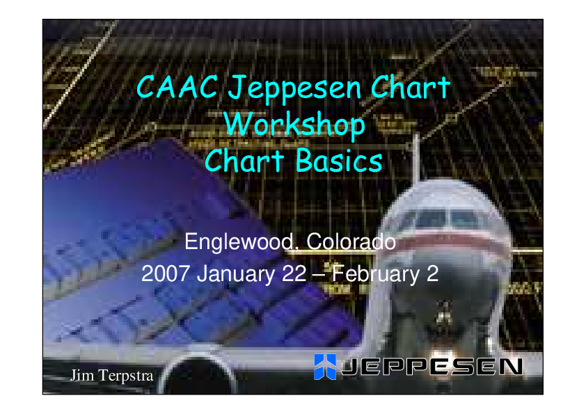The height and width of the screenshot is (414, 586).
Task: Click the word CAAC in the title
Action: tap(177, 87)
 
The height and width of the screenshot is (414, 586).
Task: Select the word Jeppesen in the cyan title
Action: tap(295, 89)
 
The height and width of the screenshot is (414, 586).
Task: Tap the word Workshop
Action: tap(295, 125)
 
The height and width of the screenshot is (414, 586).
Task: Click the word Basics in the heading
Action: tap(339, 161)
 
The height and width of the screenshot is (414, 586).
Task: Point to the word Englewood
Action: tap(239, 241)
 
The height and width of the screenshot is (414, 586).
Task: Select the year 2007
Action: tap(165, 274)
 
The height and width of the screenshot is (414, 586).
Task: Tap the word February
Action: tap(376, 275)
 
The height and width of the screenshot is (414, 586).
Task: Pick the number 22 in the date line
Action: tap(294, 274)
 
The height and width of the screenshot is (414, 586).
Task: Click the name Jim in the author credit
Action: tap(82, 375)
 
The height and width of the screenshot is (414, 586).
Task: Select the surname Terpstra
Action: tap(126, 376)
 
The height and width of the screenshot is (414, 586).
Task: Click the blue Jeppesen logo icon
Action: tap(325, 367)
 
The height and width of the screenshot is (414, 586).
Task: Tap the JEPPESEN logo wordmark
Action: tap(432, 367)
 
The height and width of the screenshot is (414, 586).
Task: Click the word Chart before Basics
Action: tap(244, 161)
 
